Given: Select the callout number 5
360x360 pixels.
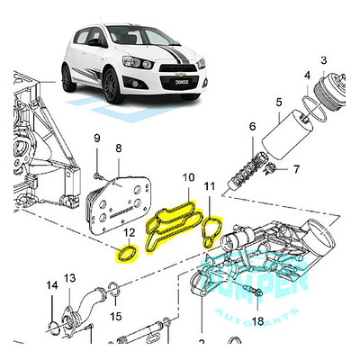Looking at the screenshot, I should click(x=280, y=103).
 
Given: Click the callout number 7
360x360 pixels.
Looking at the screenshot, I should click(x=294, y=168).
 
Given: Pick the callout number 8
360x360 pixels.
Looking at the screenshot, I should click(x=118, y=148).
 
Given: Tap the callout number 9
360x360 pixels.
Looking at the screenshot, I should click(x=97, y=138).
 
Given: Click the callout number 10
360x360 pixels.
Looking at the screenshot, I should click(x=187, y=180).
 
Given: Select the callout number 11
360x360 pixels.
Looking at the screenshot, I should click(x=209, y=188).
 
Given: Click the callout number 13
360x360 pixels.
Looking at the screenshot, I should click(x=70, y=278).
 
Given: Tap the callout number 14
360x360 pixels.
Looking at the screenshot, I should click(x=51, y=287).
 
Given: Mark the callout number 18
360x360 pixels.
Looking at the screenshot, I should click(x=256, y=321).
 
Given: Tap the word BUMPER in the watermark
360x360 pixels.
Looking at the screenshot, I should click(x=257, y=276).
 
